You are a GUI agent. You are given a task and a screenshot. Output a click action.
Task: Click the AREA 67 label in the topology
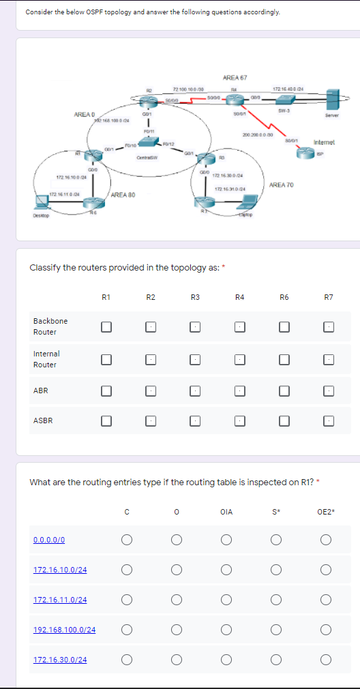(234, 78)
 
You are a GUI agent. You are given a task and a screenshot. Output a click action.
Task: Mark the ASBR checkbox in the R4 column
(239, 421)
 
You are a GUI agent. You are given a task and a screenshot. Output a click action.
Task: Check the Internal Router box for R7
(329, 358)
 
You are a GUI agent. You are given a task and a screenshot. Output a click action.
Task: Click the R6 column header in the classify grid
(284, 296)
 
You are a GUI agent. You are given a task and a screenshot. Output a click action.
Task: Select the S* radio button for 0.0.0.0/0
(276, 540)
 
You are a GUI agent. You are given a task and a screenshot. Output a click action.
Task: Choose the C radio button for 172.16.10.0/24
(125, 570)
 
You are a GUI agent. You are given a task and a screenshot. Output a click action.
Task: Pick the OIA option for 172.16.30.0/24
(226, 659)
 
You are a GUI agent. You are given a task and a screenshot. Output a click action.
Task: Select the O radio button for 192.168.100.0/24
(175, 630)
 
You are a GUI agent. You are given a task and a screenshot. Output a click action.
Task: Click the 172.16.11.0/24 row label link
(60, 600)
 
